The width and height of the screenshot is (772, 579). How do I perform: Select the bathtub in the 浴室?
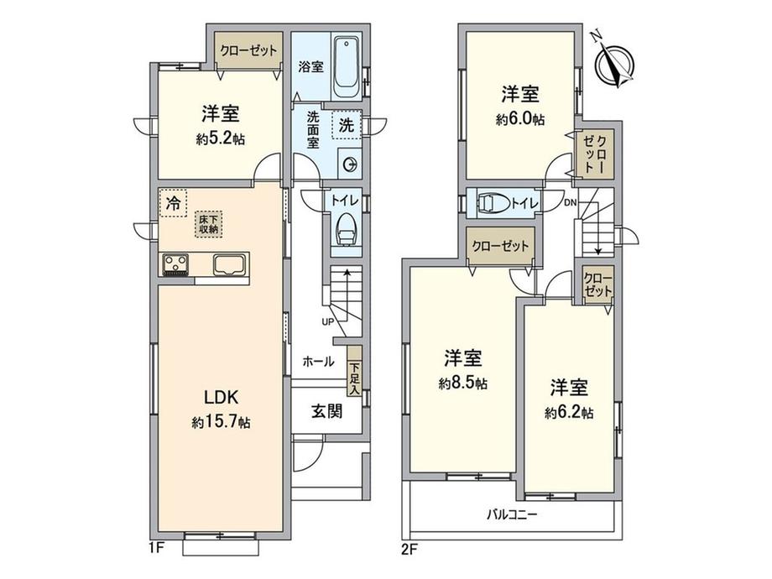[x=345, y=66]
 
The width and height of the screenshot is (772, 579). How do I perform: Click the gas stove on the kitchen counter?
[x=176, y=265]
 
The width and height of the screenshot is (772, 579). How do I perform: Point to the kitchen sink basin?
[x=230, y=265]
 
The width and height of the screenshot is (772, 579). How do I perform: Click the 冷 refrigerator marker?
[x=173, y=203]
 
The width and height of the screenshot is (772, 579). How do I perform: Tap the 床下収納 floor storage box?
[x=209, y=223]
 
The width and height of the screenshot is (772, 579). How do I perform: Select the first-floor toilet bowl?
[x=345, y=230]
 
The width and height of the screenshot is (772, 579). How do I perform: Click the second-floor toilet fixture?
[x=494, y=203]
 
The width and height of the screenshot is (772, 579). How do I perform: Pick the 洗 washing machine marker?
[x=347, y=126]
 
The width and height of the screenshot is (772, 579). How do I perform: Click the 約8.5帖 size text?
[x=462, y=383]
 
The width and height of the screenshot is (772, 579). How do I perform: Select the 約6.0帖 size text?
[x=520, y=119]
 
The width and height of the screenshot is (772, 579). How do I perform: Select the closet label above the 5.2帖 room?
[x=248, y=50]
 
